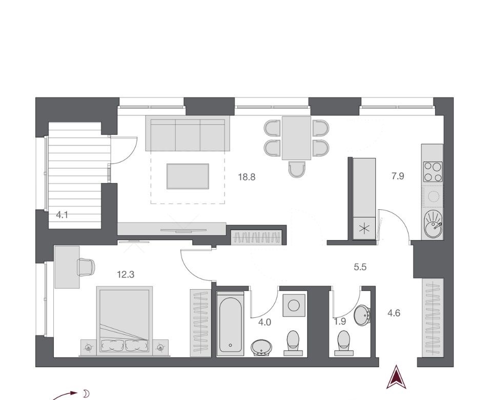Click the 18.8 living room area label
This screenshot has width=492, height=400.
247,177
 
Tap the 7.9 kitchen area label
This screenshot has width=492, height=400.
398,176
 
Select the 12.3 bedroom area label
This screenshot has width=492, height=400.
126,275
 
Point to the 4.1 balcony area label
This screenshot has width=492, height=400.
62,215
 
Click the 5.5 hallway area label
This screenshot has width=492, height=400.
360,267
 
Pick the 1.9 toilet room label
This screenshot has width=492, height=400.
340,322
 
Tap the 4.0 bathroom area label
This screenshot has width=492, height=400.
264,322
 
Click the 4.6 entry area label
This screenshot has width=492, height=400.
394,313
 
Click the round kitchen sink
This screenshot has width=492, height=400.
433,224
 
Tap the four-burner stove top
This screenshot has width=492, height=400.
433,171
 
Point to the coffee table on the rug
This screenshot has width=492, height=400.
188,176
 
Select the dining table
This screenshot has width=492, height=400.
296,138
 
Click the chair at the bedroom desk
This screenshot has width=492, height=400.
86,267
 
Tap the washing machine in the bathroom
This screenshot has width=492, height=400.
294,305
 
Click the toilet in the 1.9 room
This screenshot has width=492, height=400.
343,343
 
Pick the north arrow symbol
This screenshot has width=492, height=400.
396,377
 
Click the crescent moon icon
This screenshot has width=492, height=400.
86,393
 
